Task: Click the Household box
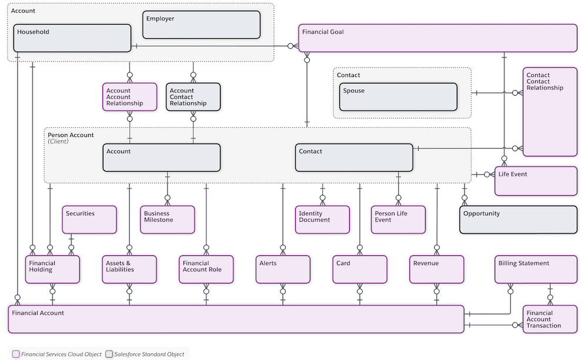click(72, 38)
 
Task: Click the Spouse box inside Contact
click(399, 97)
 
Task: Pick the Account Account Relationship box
click(130, 97)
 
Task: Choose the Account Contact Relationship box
click(193, 97)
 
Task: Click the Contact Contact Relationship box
click(550, 112)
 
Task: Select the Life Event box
click(536, 181)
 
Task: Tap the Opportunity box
click(518, 219)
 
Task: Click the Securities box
click(89, 219)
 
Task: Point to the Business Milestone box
click(168, 219)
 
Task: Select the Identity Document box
click(322, 219)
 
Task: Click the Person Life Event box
click(398, 219)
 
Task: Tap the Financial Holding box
click(52, 269)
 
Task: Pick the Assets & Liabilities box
click(129, 269)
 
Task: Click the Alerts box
click(283, 269)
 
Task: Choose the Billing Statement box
click(535, 269)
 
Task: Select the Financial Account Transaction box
click(550, 319)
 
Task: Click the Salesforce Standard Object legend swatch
click(109, 354)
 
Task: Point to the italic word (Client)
click(58, 142)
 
